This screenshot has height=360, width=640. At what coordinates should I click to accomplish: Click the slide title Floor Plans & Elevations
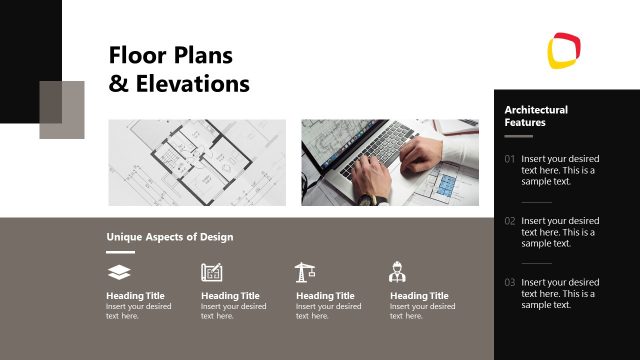tap(178, 69)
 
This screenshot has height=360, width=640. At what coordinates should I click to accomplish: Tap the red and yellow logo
tap(564, 49)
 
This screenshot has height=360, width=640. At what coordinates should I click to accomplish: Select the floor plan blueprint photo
tap(197, 162)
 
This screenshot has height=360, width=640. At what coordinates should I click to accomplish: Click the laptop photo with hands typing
tap(389, 162)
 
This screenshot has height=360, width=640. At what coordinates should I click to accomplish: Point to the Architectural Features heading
tap(536, 116)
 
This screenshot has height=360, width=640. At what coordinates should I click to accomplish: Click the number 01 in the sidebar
tap(510, 159)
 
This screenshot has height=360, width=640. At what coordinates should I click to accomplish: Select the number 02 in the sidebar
tap(510, 221)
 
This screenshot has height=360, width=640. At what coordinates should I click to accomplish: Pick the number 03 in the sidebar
tap(510, 283)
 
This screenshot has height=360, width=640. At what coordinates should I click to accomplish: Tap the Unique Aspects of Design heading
tap(169, 237)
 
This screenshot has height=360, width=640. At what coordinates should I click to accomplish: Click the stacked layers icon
tap(118, 272)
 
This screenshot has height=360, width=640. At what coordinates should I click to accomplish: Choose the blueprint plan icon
tap(211, 272)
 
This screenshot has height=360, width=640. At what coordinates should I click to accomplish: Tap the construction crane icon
tap(305, 272)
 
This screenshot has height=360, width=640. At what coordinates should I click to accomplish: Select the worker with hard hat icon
tap(397, 272)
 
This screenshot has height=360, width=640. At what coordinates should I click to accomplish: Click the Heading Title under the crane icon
tap(325, 296)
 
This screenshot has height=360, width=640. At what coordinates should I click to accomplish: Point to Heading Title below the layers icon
tap(135, 296)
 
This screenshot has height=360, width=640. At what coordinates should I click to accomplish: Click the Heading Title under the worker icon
tap(419, 296)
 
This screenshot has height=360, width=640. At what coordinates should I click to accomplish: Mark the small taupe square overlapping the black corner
tap(62, 109)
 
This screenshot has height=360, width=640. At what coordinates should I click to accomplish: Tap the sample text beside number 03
tap(560, 294)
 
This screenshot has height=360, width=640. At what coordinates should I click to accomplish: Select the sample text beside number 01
tap(560, 170)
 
